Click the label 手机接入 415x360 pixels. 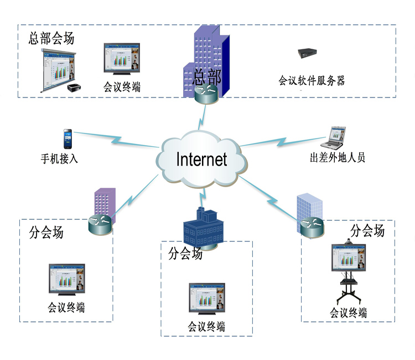tap(60, 158)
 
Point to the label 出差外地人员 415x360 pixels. tap(338, 158)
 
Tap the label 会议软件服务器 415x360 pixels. tap(312, 81)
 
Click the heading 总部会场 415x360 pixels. tap(51, 39)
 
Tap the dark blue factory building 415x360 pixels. tap(203, 227)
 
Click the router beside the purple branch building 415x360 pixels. tap(100, 224)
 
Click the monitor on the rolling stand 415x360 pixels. tap(347, 258)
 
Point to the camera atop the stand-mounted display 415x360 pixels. tap(347, 241)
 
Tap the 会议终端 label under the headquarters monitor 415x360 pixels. tap(122, 87)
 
